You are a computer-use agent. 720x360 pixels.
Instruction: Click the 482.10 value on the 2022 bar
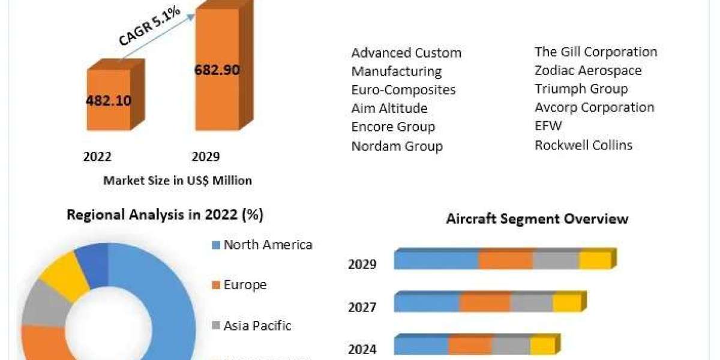click(x=109, y=100)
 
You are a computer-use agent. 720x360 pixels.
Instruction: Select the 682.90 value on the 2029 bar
click(x=217, y=70)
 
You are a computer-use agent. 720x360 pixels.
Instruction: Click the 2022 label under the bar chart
click(x=97, y=157)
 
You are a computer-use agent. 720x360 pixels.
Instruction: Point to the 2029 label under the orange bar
click(x=205, y=157)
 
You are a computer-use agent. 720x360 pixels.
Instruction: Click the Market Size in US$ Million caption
click(x=178, y=180)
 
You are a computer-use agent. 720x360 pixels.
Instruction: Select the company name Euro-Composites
click(x=403, y=90)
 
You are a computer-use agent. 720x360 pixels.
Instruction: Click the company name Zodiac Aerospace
click(x=588, y=71)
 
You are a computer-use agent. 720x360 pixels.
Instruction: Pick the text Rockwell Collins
click(x=583, y=145)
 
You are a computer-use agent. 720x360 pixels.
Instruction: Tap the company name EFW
click(x=548, y=127)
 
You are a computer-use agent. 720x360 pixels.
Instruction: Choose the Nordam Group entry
click(x=397, y=146)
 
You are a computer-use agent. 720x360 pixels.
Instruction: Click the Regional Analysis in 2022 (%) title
click(x=165, y=215)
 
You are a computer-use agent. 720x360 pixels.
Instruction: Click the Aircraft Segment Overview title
click(x=537, y=219)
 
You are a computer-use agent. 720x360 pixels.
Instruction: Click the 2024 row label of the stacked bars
click(x=362, y=349)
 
